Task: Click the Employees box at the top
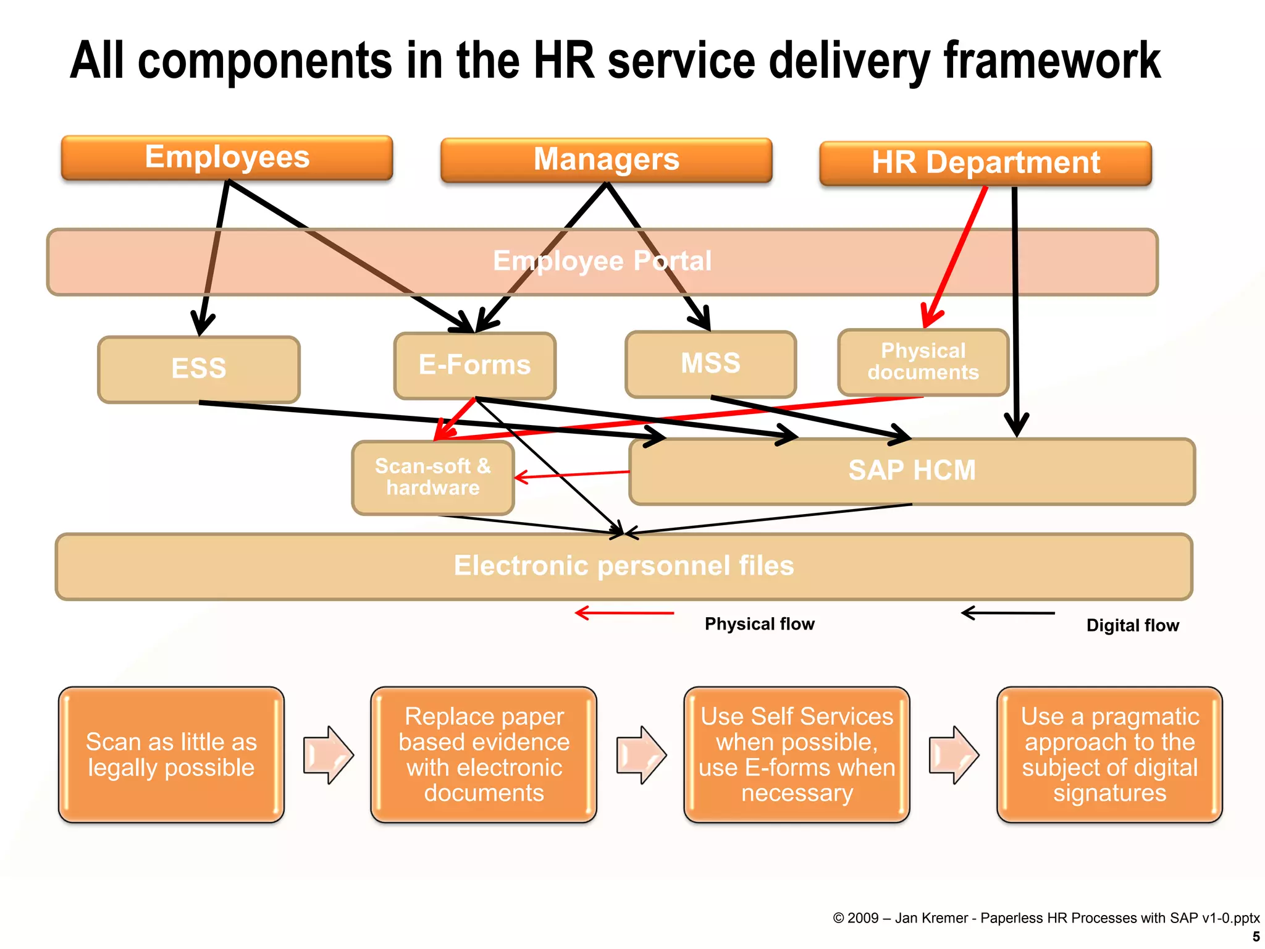tap(227, 158)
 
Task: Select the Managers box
tap(606, 160)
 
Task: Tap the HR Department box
tap(985, 163)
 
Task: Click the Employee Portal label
tap(602, 261)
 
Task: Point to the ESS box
tap(199, 369)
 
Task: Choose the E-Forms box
tap(474, 365)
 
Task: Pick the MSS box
tap(710, 363)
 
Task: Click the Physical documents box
tap(923, 362)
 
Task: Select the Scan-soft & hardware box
tap(432, 477)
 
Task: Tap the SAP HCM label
tap(912, 471)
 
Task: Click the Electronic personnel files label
tap(624, 566)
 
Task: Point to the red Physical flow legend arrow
tap(624, 613)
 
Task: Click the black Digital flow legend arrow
tap(1008, 613)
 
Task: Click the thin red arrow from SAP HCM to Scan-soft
tap(572, 474)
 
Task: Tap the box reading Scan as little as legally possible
tap(171, 754)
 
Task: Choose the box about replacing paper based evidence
tap(484, 754)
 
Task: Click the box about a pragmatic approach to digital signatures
tap(1109, 754)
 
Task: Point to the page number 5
tap(1256, 937)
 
